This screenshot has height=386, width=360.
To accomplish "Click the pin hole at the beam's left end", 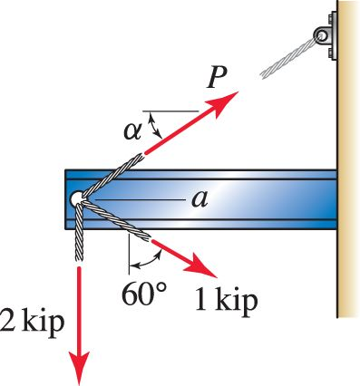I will tap(75, 198).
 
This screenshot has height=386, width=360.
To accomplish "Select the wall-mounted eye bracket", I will tap(322, 35).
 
